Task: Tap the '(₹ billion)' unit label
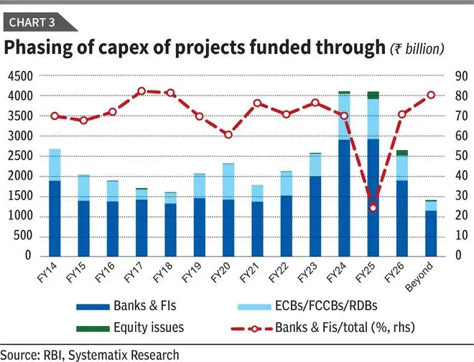417,49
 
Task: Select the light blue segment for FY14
55,164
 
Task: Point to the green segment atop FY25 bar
372,95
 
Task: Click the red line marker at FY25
372,208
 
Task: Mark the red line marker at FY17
141,91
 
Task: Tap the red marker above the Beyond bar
432,95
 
